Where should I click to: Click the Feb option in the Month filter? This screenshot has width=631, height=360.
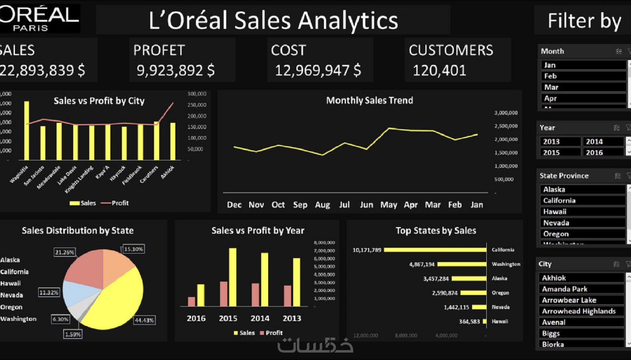click(x=583, y=76)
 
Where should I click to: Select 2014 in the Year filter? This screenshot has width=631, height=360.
click(x=603, y=141)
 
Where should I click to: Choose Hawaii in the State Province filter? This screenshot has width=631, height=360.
click(x=582, y=212)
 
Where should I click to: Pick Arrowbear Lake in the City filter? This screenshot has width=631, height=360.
click(x=581, y=300)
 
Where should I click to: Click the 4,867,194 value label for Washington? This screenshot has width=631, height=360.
click(x=422, y=264)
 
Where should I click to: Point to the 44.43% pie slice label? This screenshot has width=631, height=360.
click(x=144, y=320)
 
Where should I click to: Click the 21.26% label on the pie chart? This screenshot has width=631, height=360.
click(x=65, y=252)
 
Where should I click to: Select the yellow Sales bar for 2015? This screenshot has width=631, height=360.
click(x=233, y=277)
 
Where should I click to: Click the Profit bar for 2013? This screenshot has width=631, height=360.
click(x=288, y=295)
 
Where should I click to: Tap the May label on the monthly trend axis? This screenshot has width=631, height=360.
click(x=389, y=205)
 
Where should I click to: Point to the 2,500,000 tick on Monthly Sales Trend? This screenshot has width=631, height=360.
click(x=506, y=126)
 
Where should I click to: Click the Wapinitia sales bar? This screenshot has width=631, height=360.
click(x=27, y=130)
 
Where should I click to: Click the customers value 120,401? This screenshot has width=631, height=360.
click(x=439, y=71)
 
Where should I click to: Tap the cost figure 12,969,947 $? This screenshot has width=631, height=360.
click(x=318, y=71)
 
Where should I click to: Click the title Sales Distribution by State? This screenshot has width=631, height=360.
click(x=78, y=230)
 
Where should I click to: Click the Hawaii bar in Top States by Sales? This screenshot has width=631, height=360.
click(x=484, y=321)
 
